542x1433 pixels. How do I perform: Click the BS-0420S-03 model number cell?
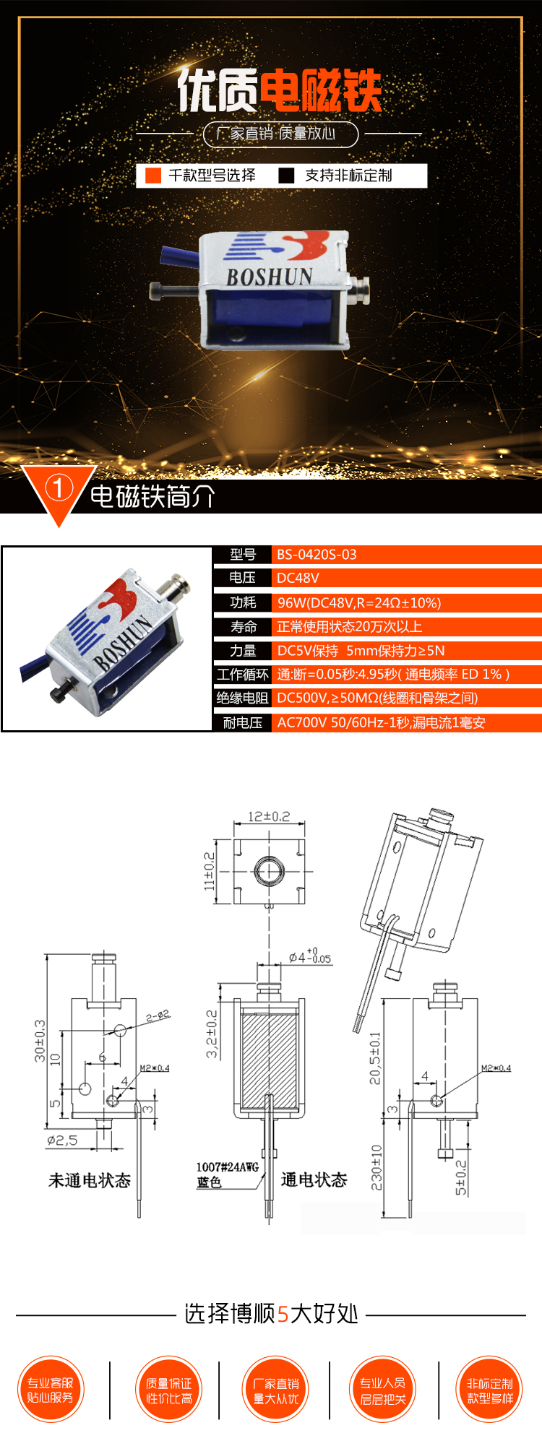pyautogui.click(x=317, y=555)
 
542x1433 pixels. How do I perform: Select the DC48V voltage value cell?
pyautogui.click(x=298, y=578)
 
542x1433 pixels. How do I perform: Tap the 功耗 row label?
pyautogui.click(x=243, y=602)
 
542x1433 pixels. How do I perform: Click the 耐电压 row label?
pyautogui.click(x=243, y=722)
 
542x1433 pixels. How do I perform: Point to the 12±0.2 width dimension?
pyautogui.click(x=269, y=816)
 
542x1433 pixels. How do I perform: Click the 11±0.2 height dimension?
pyautogui.click(x=210, y=871)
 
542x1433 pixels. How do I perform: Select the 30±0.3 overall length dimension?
pyautogui.click(x=40, y=1041)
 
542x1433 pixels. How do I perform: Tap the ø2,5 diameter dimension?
pyautogui.click(x=62, y=1140)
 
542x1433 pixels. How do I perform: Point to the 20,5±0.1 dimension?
pyautogui.click(x=375, y=1058)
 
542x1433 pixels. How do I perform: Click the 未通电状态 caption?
pyautogui.click(x=90, y=1180)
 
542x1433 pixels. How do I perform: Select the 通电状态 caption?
pyautogui.click(x=314, y=1179)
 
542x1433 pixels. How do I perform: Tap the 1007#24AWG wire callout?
pyautogui.click(x=227, y=1166)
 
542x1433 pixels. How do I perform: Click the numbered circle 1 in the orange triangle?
pyautogui.click(x=59, y=488)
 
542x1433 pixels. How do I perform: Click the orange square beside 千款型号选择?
pyautogui.click(x=153, y=176)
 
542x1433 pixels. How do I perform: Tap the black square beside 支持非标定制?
pyautogui.click(x=287, y=176)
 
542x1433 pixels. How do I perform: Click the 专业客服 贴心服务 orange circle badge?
pyautogui.click(x=51, y=1390)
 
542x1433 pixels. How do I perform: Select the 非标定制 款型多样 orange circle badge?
pyautogui.click(x=489, y=1390)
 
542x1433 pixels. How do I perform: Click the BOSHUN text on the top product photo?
pyautogui.click(x=269, y=277)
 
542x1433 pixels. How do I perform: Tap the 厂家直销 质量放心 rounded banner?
pyautogui.click(x=280, y=134)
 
